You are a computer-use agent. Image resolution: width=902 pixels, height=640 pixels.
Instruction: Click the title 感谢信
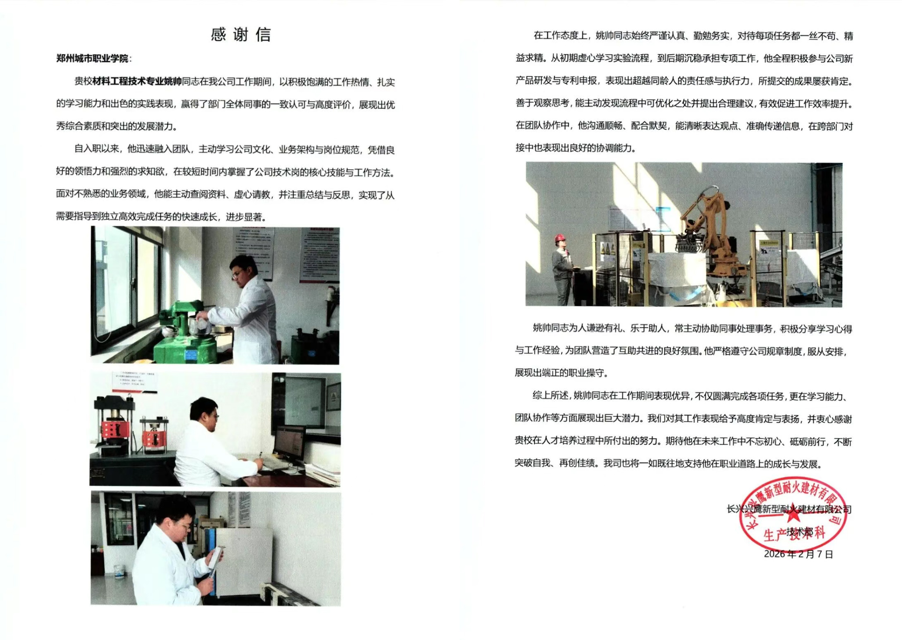241,34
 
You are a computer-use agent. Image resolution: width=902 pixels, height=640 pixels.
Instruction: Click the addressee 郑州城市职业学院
92,58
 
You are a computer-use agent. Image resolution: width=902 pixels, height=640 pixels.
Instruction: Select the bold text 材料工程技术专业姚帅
137,81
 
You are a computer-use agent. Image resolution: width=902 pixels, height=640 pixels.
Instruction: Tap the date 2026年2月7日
798,554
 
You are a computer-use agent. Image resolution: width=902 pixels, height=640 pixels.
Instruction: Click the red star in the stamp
793,512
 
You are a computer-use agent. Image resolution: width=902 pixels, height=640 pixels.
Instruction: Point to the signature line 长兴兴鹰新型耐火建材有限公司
789,509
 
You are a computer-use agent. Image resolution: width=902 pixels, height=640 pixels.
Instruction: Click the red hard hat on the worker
560,238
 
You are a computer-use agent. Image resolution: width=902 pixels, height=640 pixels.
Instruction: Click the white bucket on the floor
119,572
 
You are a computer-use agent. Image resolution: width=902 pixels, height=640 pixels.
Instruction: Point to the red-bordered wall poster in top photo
319,255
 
